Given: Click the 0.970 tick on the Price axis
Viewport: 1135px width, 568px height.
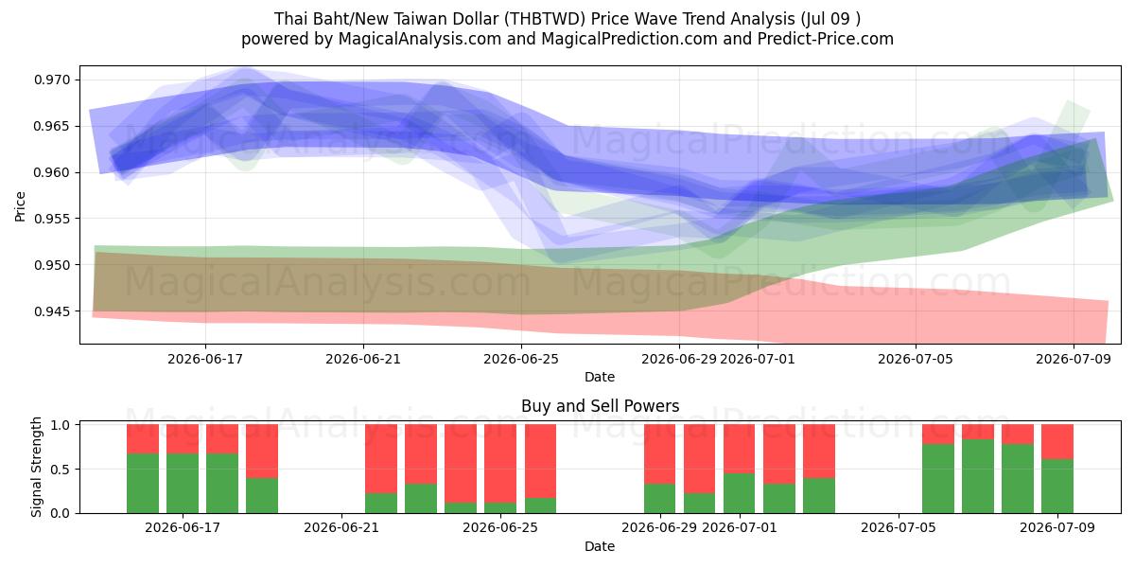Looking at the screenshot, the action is point(52,80).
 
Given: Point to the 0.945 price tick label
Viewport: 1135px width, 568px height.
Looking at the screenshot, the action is point(52,311).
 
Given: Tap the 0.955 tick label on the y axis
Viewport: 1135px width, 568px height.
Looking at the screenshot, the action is point(52,219).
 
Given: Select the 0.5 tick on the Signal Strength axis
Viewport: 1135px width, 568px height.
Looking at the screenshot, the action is point(61,470).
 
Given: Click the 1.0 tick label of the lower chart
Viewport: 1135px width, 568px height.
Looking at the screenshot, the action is point(61,424).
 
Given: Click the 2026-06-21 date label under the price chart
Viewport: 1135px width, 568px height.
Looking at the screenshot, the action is point(363,359).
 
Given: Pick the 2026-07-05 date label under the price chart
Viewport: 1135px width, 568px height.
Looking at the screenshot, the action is point(916,359).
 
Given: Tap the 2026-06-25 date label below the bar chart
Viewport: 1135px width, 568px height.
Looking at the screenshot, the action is point(500,527).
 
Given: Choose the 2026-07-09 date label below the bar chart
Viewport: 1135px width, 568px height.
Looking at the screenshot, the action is point(1057,527).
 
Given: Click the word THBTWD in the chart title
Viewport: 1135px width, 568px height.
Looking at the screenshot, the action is point(546,19).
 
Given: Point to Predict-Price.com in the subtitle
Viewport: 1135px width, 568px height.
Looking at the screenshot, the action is point(826,39).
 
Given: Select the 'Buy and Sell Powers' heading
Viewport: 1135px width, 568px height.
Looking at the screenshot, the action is point(601,406).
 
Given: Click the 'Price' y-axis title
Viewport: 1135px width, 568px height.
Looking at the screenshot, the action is point(20,206).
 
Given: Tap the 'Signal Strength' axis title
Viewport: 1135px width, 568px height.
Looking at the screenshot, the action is point(36,467).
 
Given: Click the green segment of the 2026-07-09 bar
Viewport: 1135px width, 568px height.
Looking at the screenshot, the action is point(1057,487).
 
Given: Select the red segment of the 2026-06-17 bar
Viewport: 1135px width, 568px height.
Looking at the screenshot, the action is point(183,438).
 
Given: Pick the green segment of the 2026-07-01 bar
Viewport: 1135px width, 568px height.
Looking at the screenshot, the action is point(739,493).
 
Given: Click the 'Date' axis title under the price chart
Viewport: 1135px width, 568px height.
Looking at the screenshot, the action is point(600,377).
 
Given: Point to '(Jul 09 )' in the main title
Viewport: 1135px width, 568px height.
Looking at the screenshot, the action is point(830,19).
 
